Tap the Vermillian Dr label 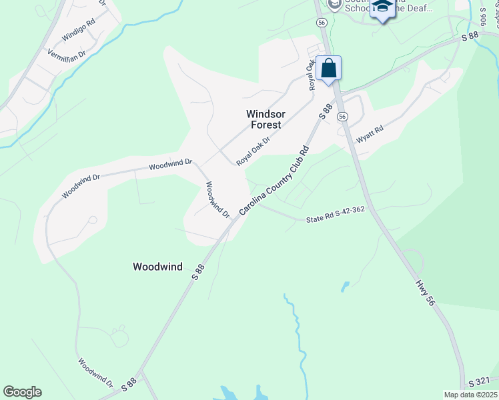click(x=67, y=53)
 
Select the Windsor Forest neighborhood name click(x=265, y=119)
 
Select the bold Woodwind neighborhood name click(x=157, y=267)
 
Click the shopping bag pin click(x=329, y=69)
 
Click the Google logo click(x=22, y=391)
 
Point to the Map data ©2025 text click(x=470, y=395)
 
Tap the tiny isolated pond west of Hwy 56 click(x=345, y=287)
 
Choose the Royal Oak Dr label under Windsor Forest click(x=253, y=151)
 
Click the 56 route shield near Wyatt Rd click(x=342, y=116)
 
